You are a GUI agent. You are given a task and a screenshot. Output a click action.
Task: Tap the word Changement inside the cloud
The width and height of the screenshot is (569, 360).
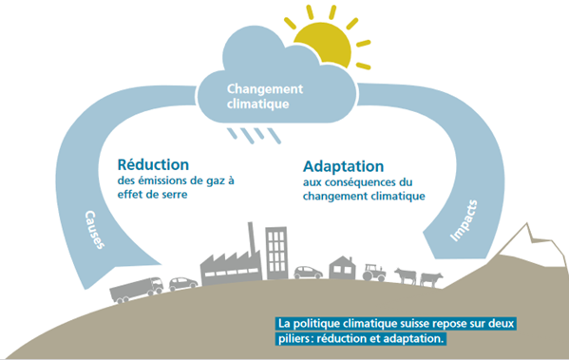(x=265, y=89)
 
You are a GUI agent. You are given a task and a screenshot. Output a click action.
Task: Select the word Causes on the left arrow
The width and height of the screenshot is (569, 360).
(x=95, y=230)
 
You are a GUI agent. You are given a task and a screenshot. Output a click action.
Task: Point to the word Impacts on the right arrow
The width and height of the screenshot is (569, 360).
(x=464, y=220)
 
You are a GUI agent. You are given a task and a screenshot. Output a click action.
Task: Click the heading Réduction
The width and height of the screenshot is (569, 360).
(x=153, y=164)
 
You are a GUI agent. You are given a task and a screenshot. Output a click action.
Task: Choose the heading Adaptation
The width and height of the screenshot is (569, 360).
(x=343, y=166)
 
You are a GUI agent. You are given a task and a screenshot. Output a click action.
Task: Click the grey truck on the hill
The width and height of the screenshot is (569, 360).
(x=137, y=290)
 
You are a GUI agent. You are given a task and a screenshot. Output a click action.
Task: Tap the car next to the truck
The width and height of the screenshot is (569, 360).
(x=183, y=283)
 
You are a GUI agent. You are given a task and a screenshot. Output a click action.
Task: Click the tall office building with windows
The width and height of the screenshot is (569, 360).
(x=276, y=253)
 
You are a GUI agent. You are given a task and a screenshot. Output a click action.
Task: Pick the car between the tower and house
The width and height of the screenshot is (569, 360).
(x=308, y=273)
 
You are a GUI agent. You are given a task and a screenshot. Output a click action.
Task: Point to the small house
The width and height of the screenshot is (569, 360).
(x=342, y=268)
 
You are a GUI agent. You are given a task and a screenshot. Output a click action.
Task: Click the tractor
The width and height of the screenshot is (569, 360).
(x=374, y=273)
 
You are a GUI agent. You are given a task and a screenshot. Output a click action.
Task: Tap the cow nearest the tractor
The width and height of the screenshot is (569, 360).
(x=406, y=275)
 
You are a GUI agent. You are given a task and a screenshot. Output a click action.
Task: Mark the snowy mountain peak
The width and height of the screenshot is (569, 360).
(x=526, y=227)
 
